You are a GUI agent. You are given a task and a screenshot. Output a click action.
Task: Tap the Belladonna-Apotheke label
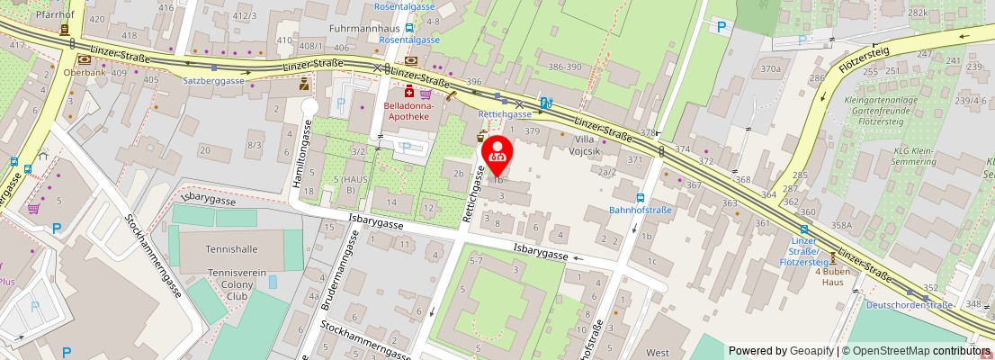coord(409,111)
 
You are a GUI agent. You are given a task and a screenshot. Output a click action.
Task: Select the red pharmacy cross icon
coord(408,92)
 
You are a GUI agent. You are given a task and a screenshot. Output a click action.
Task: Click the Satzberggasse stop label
coord(214,80)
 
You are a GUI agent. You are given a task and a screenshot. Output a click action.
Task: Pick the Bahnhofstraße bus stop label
coord(641,211)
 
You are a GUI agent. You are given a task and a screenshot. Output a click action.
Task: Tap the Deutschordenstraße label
coord(910,305)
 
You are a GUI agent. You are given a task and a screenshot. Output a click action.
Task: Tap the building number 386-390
coord(565,67)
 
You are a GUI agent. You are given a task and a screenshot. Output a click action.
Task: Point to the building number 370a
coord(770,68)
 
